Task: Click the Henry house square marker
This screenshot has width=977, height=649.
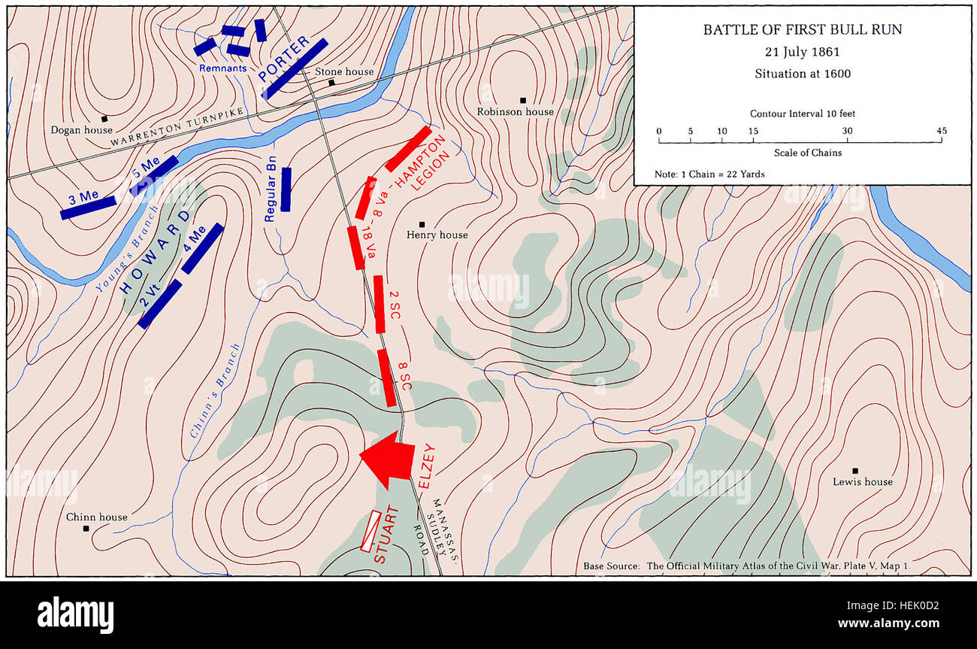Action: [422, 224]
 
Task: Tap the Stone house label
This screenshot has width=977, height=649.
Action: [344, 71]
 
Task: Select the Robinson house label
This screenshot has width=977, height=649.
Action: [516, 111]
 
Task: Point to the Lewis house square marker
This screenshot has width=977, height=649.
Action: [855, 471]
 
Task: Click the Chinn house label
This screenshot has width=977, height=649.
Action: [97, 517]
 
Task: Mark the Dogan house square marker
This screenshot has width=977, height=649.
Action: [105, 119]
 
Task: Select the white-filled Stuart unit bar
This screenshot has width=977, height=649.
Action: [371, 532]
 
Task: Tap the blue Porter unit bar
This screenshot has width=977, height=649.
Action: [295, 68]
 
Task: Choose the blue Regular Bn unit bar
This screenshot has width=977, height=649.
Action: [286, 189]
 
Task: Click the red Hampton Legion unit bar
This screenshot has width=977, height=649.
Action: [409, 148]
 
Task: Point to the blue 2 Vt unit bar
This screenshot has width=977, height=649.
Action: [160, 304]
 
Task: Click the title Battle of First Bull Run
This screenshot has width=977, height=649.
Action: [802, 30]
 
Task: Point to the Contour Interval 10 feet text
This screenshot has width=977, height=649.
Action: [802, 114]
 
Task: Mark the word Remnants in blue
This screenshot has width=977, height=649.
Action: [222, 68]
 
